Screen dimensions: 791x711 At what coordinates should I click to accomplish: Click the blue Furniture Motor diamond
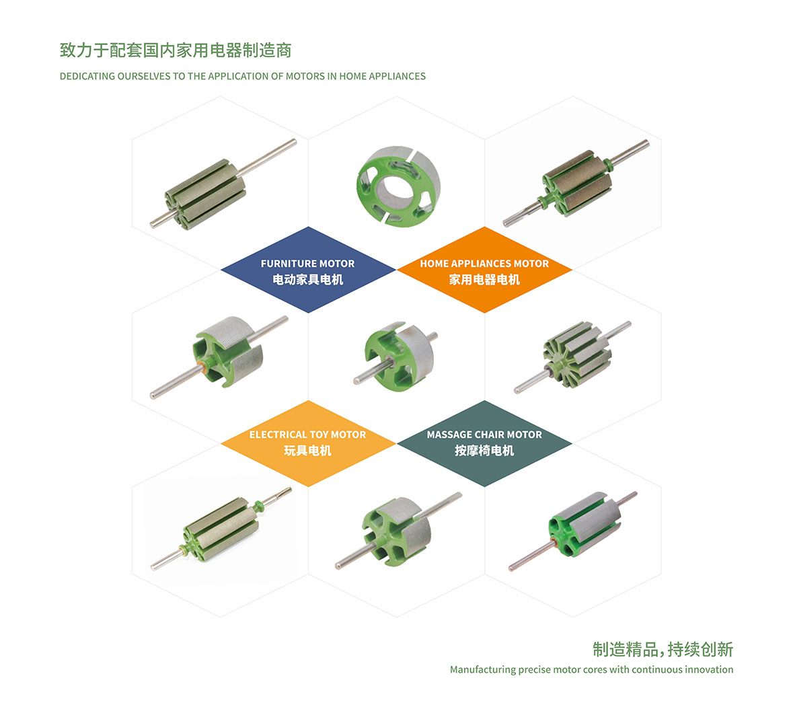point(308,270)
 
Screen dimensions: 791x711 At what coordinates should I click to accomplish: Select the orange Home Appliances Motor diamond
point(485,270)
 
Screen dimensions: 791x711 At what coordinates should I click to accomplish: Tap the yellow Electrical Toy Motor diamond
point(308,443)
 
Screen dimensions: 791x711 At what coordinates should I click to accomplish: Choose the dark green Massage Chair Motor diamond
point(485,443)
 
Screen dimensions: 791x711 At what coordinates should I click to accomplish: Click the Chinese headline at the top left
point(176,50)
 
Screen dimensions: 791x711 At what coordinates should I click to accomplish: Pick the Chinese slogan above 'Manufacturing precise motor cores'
point(663,649)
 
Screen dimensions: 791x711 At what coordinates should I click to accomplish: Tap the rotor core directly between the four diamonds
point(396,357)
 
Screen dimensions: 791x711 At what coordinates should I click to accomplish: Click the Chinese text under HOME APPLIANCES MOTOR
point(484,280)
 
